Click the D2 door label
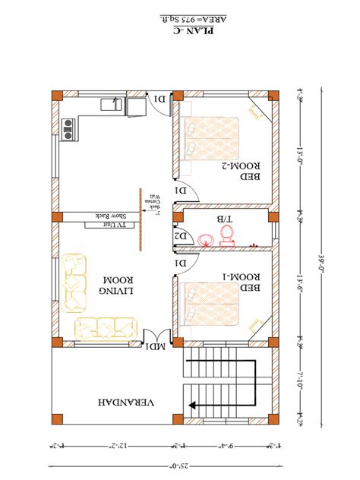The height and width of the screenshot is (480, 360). pyautogui.click(x=181, y=237)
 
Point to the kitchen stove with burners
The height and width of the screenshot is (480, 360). pyautogui.click(x=68, y=130)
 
